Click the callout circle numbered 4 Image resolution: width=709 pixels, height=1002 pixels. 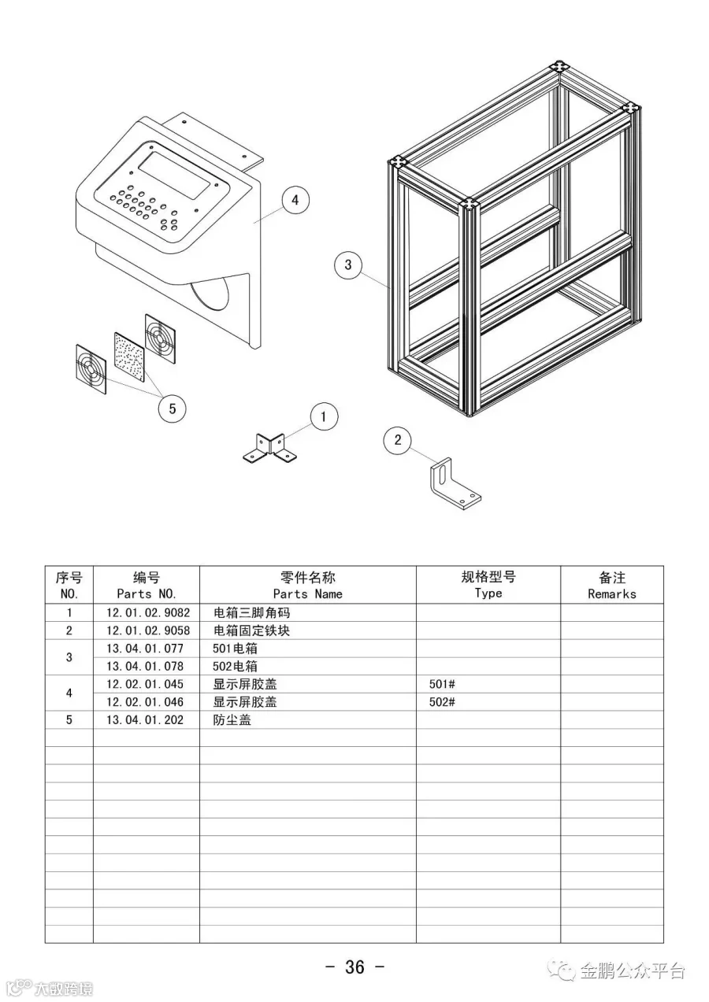pos(295,200)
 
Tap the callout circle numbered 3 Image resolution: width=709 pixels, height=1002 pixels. pos(348,264)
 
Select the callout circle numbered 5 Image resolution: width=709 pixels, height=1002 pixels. pos(172,408)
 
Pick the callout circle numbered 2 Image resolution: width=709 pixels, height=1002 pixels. pos(397,440)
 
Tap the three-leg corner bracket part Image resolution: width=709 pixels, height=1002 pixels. pos(270,449)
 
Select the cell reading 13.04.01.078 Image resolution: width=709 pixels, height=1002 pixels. pos(144,666)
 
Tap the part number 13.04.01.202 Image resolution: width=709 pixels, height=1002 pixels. pos(144,719)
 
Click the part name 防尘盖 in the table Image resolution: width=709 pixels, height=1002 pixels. pos(232,719)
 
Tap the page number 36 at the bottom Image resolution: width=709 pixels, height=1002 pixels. pos(354,967)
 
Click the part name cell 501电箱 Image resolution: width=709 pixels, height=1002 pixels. pos(236,649)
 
